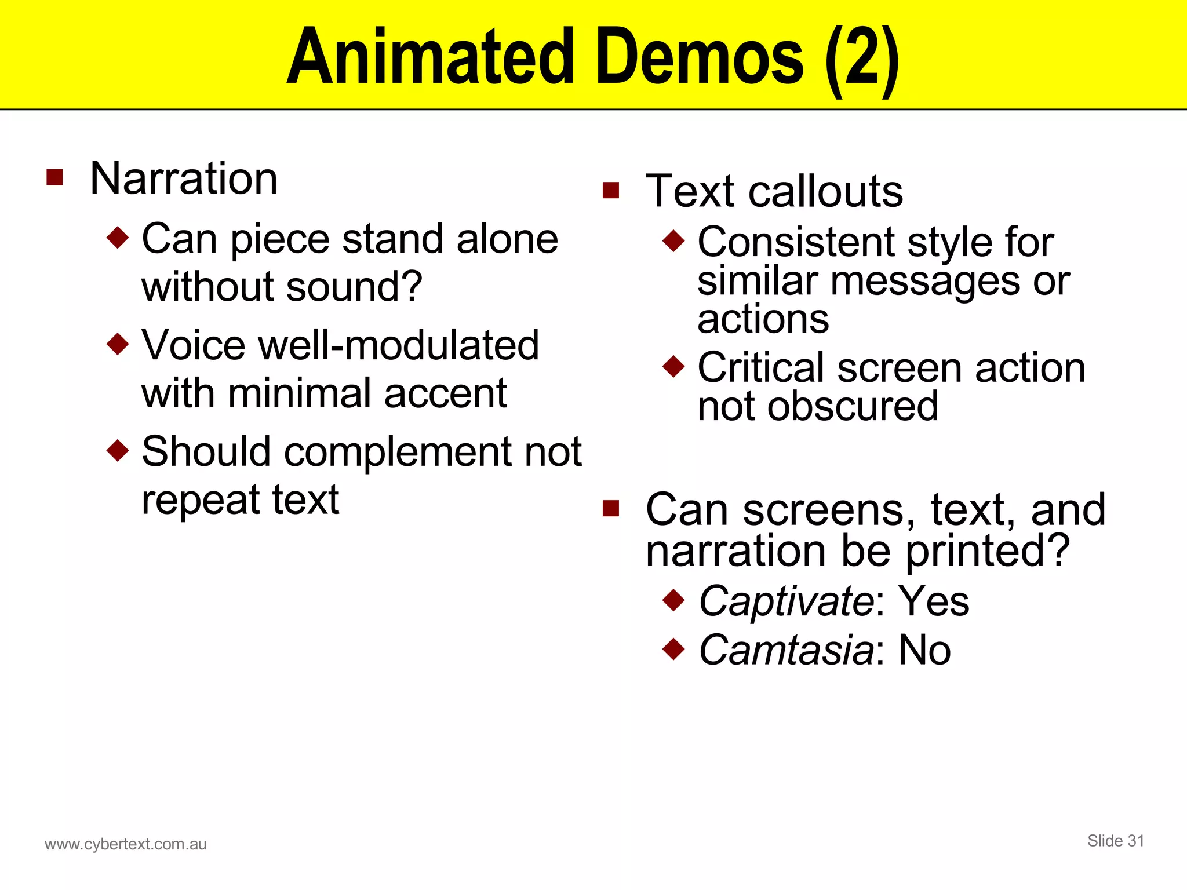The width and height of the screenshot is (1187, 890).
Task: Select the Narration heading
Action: (x=184, y=178)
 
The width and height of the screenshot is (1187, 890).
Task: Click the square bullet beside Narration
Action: (x=54, y=177)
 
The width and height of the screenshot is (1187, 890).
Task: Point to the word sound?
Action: (x=354, y=287)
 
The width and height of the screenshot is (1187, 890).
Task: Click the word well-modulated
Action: (x=399, y=345)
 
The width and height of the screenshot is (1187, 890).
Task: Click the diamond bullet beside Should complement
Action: (x=118, y=450)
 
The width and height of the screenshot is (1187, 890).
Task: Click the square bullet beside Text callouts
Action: (x=611, y=190)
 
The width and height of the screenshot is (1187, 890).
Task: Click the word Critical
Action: (x=762, y=368)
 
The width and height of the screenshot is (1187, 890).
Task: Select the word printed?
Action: (x=987, y=551)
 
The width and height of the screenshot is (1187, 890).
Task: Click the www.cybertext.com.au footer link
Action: (x=126, y=844)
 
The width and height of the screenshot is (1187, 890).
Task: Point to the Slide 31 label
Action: (x=1116, y=841)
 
